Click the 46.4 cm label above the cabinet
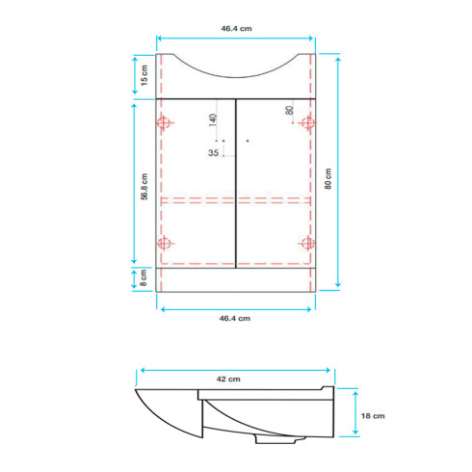(x=236, y=29)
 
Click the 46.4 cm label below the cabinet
(x=235, y=319)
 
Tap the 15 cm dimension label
(x=144, y=75)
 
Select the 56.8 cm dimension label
(x=144, y=187)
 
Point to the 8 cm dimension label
(x=144, y=278)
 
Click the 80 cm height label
(x=328, y=179)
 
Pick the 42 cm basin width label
(x=228, y=380)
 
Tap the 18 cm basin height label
(x=373, y=416)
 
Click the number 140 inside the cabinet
(x=213, y=120)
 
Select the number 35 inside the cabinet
(x=213, y=153)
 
